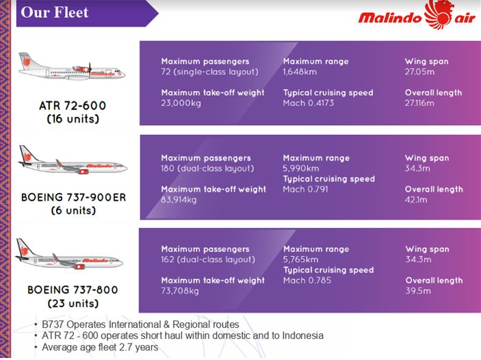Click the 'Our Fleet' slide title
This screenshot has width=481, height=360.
click(55, 12)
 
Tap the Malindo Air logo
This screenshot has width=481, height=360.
click(417, 14)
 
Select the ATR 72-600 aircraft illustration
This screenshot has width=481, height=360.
click(71, 66)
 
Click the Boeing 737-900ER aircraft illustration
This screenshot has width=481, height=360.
click(73, 160)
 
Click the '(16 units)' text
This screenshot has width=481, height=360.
click(73, 119)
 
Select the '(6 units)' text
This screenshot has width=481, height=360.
click(73, 211)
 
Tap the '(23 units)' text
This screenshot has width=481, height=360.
click(73, 303)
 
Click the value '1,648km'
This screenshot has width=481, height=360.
click(300, 72)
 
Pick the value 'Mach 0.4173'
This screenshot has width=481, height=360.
click(309, 103)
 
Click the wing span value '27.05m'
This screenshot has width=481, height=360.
click(419, 72)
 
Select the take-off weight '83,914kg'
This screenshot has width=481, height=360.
click(179, 200)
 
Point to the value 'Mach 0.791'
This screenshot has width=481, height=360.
click(306, 189)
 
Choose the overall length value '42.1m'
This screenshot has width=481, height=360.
click(416, 199)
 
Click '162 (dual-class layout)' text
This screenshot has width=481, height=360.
click(208, 259)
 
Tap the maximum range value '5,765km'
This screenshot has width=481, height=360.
click(300, 259)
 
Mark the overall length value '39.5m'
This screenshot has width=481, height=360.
click(418, 291)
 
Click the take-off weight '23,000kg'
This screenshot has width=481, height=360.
click(181, 103)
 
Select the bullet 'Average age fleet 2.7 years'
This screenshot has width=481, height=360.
click(100, 347)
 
